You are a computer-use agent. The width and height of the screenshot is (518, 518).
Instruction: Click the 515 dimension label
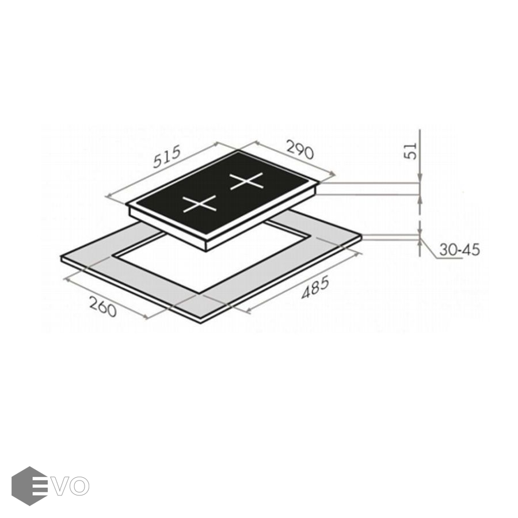pos(167,156)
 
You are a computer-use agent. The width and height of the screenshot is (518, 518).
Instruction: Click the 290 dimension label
pos(299,150)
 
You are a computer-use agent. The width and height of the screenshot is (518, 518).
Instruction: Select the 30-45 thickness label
pos(459,250)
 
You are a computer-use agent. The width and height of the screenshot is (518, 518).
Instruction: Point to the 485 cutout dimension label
pos(315,288)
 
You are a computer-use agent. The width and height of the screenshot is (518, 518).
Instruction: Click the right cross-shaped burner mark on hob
pos(247,180)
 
